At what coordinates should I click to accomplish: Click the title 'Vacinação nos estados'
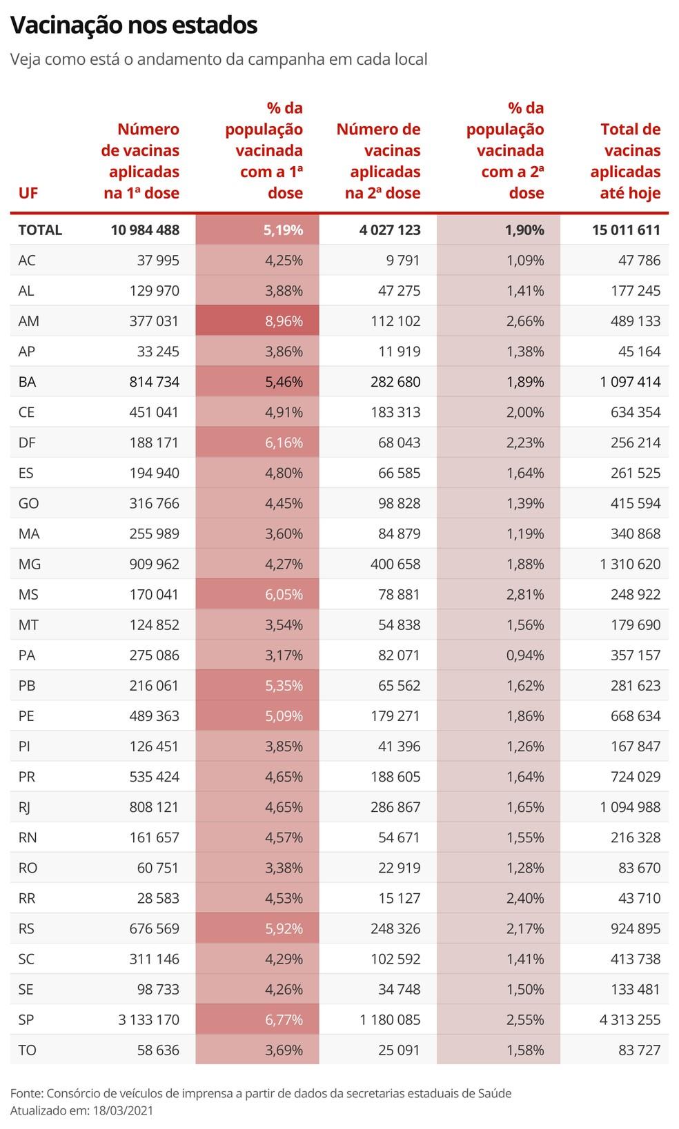(x=134, y=26)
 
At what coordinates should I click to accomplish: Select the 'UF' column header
(x=28, y=193)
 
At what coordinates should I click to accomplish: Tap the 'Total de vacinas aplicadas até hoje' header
(x=625, y=161)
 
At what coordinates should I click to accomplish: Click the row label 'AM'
(x=29, y=321)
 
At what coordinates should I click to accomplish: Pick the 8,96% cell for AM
(x=283, y=321)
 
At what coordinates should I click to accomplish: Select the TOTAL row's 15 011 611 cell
(x=625, y=230)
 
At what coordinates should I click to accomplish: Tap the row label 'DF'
(x=27, y=443)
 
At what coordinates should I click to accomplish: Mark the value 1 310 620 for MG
(x=629, y=564)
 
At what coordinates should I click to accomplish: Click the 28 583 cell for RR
(x=158, y=898)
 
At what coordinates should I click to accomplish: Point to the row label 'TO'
(x=28, y=1050)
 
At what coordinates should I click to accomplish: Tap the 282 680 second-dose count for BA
(x=395, y=382)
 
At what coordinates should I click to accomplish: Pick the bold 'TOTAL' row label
(x=40, y=230)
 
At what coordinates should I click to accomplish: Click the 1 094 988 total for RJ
(x=629, y=807)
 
